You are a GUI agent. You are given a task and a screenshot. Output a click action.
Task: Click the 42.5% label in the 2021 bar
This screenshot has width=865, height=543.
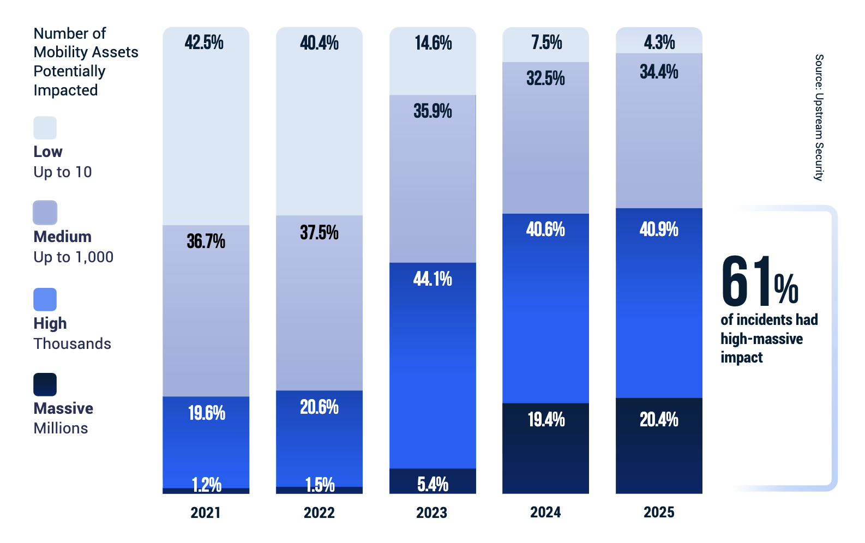pos(204,43)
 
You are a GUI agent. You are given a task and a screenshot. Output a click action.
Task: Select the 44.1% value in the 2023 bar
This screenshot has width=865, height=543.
pos(432,279)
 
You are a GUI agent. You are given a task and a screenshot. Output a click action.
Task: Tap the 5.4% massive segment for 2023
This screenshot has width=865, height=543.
pos(432,484)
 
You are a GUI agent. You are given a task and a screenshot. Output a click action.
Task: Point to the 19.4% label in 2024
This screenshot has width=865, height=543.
pos(546,420)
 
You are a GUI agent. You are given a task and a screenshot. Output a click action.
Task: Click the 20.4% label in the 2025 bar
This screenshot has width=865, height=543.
pos(659,420)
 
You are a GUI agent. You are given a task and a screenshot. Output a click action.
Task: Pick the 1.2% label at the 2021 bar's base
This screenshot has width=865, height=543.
pos(206,484)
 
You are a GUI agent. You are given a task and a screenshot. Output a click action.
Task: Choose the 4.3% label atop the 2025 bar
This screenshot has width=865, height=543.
pos(659,42)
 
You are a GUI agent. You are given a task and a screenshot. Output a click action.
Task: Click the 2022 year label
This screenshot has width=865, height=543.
pos(319,512)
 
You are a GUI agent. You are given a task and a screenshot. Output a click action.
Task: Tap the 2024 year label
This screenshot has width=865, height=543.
pos(545,512)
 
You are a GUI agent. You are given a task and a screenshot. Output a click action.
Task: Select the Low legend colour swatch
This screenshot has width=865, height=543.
pos(45,128)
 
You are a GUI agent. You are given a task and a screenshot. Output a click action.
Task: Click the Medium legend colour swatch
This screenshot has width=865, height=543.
pos(45,213)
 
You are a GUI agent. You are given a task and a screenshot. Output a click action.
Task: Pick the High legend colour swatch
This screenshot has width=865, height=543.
pos(45,299)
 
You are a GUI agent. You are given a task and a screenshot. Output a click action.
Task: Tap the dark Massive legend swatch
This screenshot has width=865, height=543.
pos(45,384)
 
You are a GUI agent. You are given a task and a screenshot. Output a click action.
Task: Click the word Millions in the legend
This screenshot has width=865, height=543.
pos(61,429)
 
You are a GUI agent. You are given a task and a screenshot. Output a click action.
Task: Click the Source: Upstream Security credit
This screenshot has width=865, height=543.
pos(819,117)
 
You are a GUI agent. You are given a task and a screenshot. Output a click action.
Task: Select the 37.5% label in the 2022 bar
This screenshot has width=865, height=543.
pos(319,233)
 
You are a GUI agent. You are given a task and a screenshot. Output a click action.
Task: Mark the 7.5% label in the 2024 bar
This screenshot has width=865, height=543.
pos(546,43)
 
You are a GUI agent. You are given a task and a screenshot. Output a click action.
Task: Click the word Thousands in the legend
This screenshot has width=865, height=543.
pos(72,343)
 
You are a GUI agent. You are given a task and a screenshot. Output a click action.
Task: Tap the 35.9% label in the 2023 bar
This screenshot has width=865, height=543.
pos(432,111)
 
